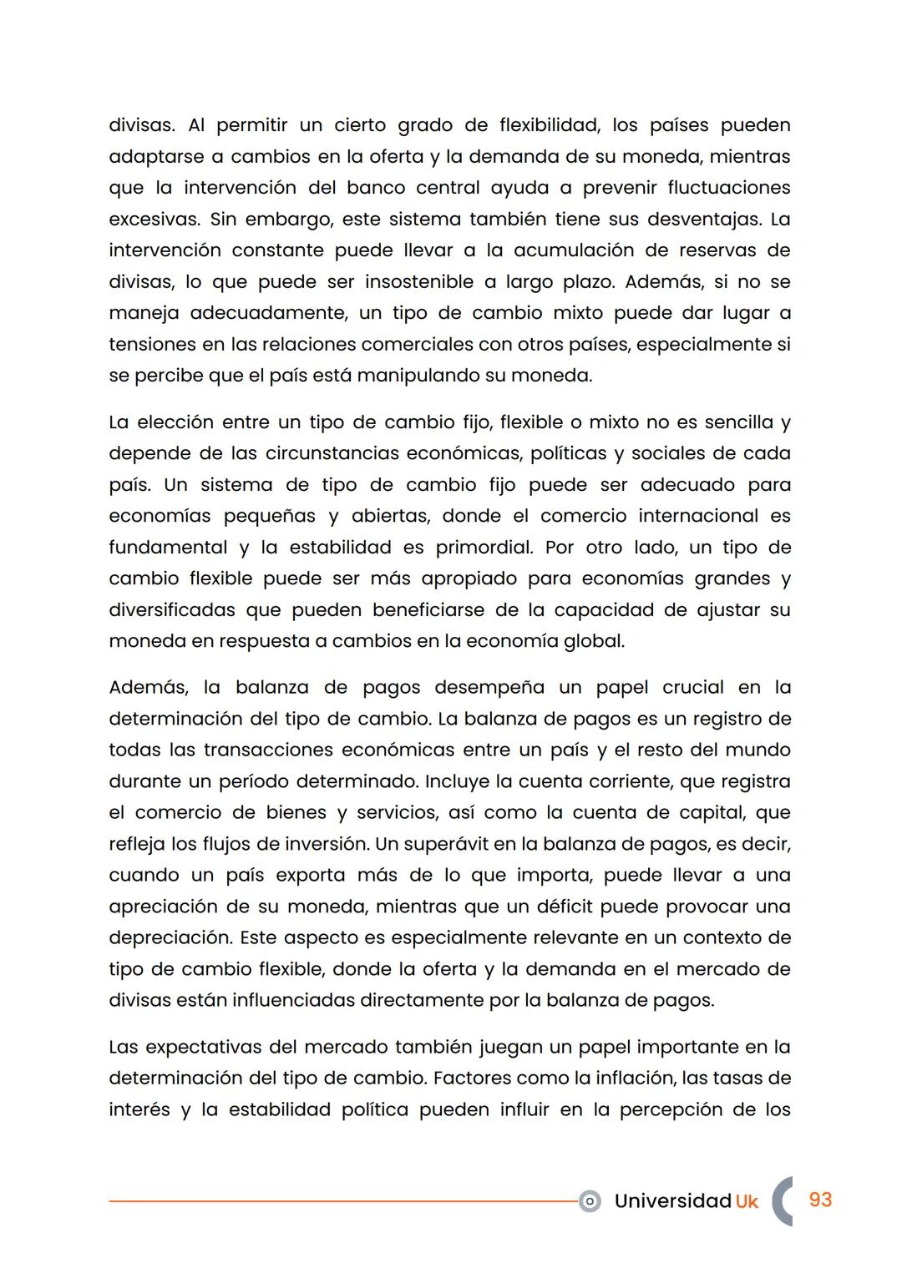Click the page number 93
[x=820, y=1200]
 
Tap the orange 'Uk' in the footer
[x=747, y=1201]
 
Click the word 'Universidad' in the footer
[x=672, y=1200]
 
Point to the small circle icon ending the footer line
[x=590, y=1201]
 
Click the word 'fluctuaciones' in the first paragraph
[x=728, y=188]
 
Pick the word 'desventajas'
[x=691, y=220]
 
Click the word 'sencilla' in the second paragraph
[x=738, y=422]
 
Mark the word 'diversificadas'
[x=172, y=610]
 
